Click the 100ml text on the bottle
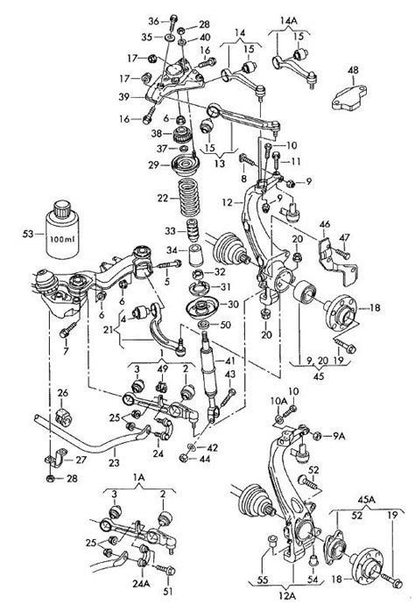pos(61,239)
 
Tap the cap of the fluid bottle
pos(62,209)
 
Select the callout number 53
pos(28,235)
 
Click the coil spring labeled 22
pos(188,198)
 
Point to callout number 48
pos(353,71)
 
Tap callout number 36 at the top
pos(154,21)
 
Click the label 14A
pos(288,20)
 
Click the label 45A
pos(366,499)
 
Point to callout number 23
pos(114,462)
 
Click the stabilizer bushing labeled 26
pos(64,418)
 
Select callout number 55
pos(263,579)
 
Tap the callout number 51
pos(168,591)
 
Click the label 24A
pos(141,583)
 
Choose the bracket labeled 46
pos(337,260)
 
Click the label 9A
pos(339,437)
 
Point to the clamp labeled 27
pos(56,459)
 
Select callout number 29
pos(153,165)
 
